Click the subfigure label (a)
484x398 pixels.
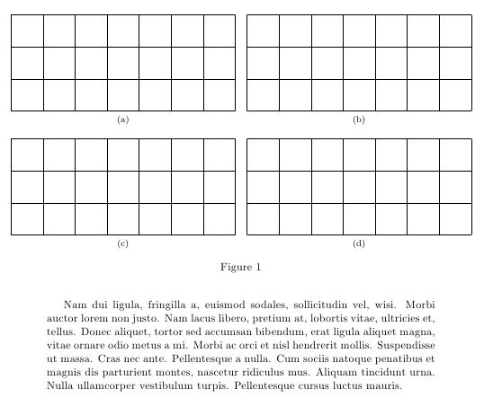pos(123,119)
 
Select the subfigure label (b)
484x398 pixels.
pos(359,119)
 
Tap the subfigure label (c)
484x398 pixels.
pos(123,243)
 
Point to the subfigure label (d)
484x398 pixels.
pos(359,243)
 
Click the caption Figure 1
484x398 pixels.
pos(240,267)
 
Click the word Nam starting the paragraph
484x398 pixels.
pos(75,305)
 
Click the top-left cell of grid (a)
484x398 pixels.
pos(27,31)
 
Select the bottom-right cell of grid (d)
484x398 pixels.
pos(455,218)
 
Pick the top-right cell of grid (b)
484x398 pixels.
pos(455,31)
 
